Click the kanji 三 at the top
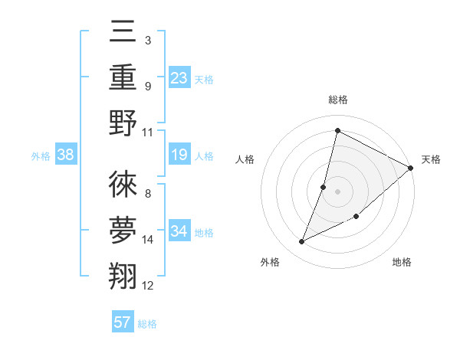coord(123,32)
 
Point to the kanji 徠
coord(123,184)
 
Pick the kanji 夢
coord(123,231)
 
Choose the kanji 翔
coord(123,277)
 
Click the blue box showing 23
coord(179,77)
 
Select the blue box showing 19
coord(179,155)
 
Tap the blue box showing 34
coord(179,231)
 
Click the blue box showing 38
coord(66,155)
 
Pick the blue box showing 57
coord(123,322)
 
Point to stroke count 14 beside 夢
coord(148,240)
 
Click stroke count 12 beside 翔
coord(148,286)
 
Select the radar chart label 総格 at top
coord(337,100)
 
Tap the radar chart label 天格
coord(431,159)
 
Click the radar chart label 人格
coord(245,159)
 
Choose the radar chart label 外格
coord(269,262)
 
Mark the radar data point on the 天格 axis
coord(410,168)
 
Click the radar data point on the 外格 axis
coord(302,242)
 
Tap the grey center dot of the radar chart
coord(337,191)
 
